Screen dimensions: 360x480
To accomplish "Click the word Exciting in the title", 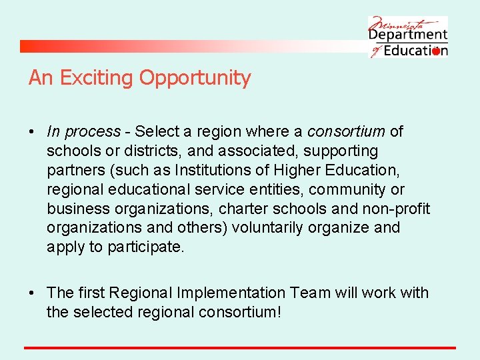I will [x=96, y=78].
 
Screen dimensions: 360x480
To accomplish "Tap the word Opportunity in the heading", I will [x=195, y=78].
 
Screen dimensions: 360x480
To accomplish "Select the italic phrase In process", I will [x=84, y=132].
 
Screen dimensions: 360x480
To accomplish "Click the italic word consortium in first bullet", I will [x=345, y=132].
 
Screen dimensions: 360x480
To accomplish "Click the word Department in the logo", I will [x=408, y=35].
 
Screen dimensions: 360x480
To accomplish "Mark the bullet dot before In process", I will [x=32, y=132].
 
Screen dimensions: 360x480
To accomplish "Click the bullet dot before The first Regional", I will [x=32, y=293].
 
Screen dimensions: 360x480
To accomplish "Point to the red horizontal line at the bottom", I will [x=240, y=347].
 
